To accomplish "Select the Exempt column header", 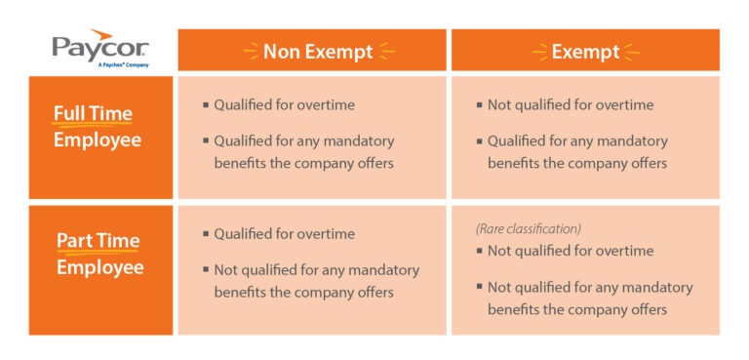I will tap(585, 51).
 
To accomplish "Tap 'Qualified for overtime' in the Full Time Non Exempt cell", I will tap(284, 105).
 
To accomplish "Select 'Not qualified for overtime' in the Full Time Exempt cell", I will tap(571, 105).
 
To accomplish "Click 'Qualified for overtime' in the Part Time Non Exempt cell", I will tap(284, 234).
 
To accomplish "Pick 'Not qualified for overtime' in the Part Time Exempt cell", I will tap(571, 252).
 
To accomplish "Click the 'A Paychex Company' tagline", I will tap(123, 64).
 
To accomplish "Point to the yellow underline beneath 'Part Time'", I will tap(97, 253).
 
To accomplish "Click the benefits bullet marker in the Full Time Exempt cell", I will tap(479, 141).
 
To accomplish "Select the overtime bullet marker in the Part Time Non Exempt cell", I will tap(206, 235).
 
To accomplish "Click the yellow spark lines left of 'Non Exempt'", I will tap(251, 51).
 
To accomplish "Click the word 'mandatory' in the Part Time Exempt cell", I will tap(654, 288).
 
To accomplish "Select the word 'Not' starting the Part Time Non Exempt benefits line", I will tap(226, 270).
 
